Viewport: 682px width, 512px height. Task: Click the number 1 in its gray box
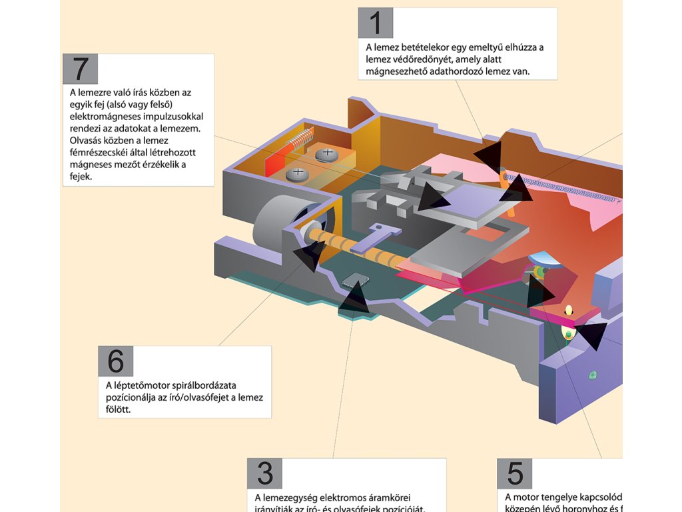pos(376,24)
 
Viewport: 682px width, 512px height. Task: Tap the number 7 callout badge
pos(81,69)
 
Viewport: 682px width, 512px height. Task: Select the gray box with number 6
pos(116,361)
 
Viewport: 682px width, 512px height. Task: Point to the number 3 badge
pos(264,474)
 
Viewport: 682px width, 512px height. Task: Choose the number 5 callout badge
pos(515,474)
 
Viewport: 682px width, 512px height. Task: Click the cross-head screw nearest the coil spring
pos(327,155)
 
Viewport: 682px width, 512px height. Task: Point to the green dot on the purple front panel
pos(591,373)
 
